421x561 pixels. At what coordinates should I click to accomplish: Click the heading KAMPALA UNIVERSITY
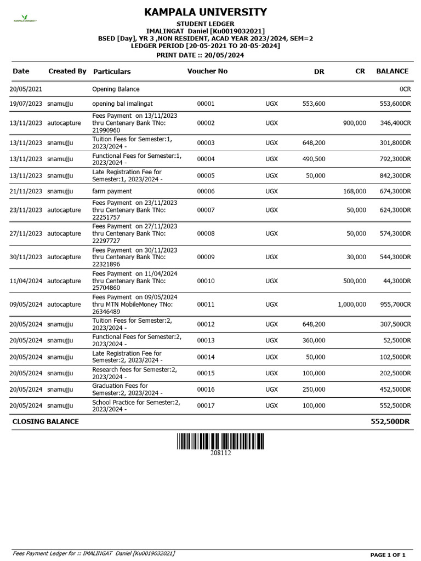coord(206,12)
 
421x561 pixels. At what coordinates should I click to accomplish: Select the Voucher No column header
coord(207,71)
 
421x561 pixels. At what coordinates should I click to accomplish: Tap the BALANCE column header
coord(392,71)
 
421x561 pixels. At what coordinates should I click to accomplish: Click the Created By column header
coord(67,71)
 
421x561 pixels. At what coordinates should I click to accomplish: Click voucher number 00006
coord(206,191)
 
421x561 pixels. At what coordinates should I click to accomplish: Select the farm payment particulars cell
coord(112,191)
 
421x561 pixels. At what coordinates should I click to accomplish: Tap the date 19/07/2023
coord(26,103)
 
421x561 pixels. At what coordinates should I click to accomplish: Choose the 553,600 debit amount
coord(314,103)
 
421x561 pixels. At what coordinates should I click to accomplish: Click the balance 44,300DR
coord(395,280)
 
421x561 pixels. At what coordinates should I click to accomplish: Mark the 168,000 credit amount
coord(354,191)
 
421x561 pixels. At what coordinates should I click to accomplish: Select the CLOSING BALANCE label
coord(45,421)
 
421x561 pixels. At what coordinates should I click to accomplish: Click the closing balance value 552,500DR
coord(390,421)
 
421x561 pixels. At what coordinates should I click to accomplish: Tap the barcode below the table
coord(220,441)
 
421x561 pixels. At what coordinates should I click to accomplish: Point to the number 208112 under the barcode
coord(220,453)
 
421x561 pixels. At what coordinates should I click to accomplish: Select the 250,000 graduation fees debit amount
coord(314,390)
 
